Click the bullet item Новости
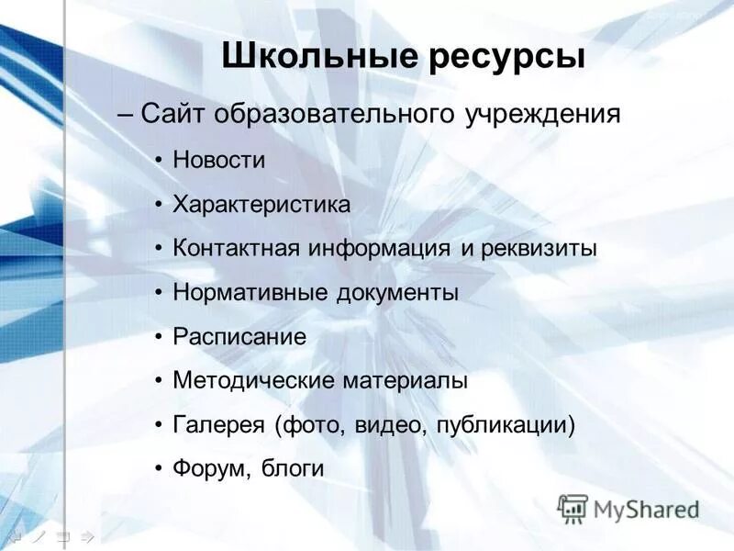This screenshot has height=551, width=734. click(219, 160)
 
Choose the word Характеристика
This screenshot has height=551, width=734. click(261, 204)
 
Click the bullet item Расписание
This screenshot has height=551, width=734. click(239, 337)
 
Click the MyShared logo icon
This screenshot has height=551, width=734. click(573, 508)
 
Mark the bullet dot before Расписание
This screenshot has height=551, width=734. click(160, 336)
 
